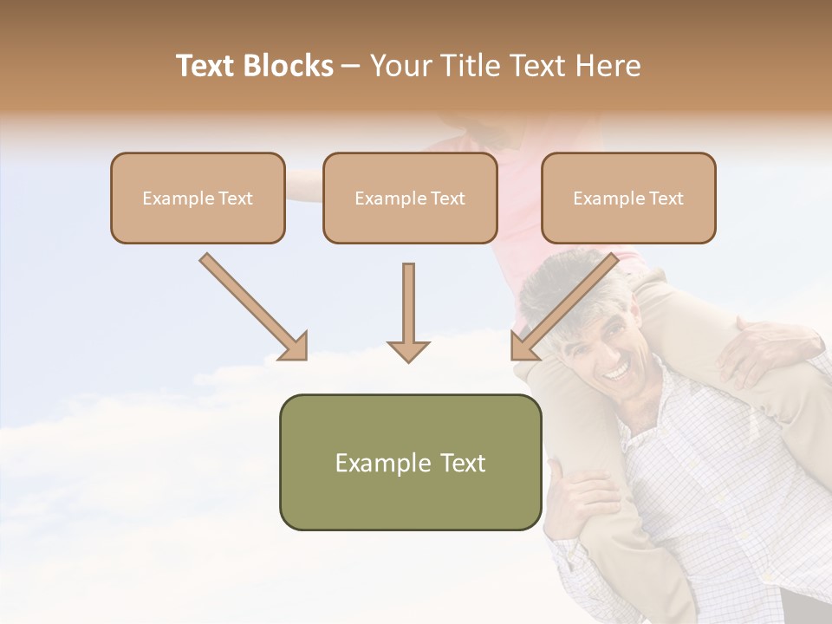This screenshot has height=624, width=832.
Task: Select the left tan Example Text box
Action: [x=198, y=198]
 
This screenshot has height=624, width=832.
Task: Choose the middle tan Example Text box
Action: [x=410, y=198]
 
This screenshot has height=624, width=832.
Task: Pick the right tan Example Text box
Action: [x=628, y=198]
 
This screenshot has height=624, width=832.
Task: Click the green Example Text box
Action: [x=410, y=462]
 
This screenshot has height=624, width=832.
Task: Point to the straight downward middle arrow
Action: [x=408, y=312]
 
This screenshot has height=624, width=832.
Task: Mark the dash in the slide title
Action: [x=350, y=67]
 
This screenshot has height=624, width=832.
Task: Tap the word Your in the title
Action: [x=400, y=66]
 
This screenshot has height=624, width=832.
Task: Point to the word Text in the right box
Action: [x=666, y=198]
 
